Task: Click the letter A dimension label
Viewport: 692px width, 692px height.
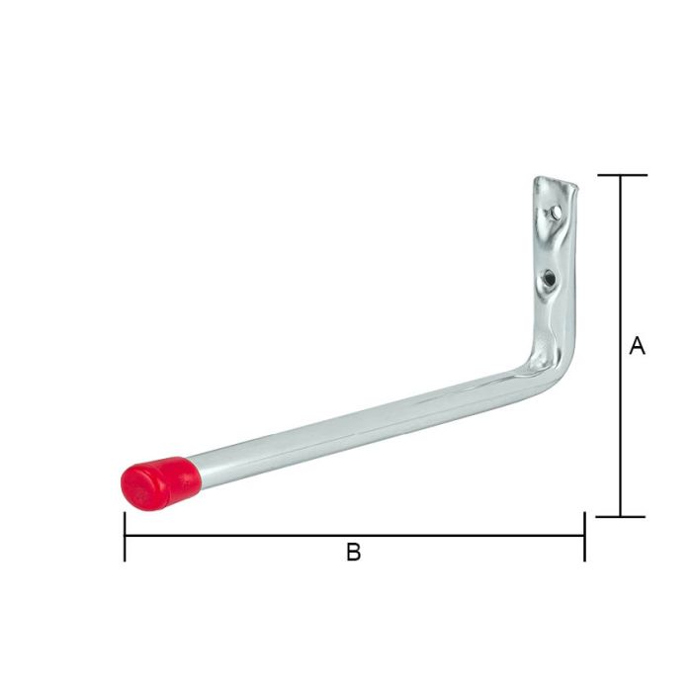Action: click(637, 346)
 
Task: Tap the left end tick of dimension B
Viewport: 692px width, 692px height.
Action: click(125, 536)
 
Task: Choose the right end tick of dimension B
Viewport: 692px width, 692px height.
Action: click(584, 536)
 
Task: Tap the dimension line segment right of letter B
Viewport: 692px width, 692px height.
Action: click(475, 536)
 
